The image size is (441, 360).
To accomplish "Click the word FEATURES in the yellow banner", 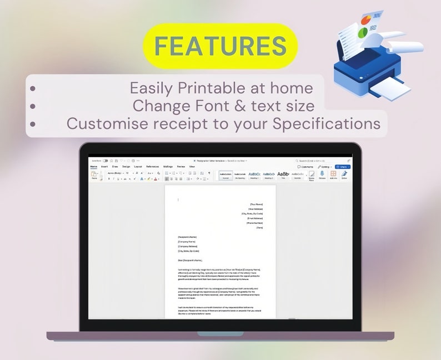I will (x=220, y=46).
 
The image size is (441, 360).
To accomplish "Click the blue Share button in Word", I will (x=343, y=167).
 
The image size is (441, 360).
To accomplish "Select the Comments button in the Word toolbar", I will (x=306, y=167).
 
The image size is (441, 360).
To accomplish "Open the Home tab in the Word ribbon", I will (x=94, y=167).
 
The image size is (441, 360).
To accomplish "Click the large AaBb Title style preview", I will (x=283, y=174).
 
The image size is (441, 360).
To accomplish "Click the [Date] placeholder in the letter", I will (x=259, y=228).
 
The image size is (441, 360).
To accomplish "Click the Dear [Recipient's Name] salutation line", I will (x=190, y=260).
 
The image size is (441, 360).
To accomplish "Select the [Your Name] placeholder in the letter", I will (x=256, y=204).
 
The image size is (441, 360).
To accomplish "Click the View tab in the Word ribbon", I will (x=192, y=167).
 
